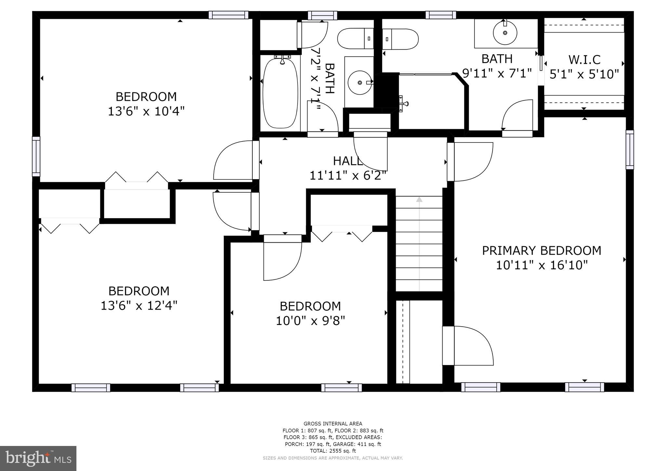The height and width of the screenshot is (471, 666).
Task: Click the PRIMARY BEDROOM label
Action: [541, 250]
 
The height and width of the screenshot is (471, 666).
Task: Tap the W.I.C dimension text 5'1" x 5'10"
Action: [584, 74]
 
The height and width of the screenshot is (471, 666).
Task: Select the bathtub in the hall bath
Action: [280, 93]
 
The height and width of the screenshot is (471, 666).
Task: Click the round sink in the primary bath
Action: [505, 33]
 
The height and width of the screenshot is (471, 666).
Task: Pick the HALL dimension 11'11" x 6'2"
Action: [348, 176]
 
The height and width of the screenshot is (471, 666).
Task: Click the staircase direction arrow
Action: [419, 199]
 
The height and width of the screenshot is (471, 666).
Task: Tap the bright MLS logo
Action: [38, 458]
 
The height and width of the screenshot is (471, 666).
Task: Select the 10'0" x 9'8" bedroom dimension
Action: [310, 321]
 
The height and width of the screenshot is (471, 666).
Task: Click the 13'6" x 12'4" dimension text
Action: [139, 306]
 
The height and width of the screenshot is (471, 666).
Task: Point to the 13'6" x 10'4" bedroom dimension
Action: [146, 112]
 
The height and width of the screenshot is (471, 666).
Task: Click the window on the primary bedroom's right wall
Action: [630, 150]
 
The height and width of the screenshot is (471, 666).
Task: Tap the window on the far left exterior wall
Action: [36, 156]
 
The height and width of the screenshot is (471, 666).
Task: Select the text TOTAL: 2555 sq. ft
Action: [333, 451]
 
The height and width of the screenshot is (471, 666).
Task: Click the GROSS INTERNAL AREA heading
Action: [333, 424]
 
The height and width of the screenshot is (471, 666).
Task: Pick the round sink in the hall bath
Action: [360, 83]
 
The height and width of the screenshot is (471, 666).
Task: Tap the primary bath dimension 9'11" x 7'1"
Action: [497, 73]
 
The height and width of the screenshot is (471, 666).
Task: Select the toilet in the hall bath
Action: [356, 39]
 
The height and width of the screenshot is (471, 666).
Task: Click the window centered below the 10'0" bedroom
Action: [341, 387]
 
